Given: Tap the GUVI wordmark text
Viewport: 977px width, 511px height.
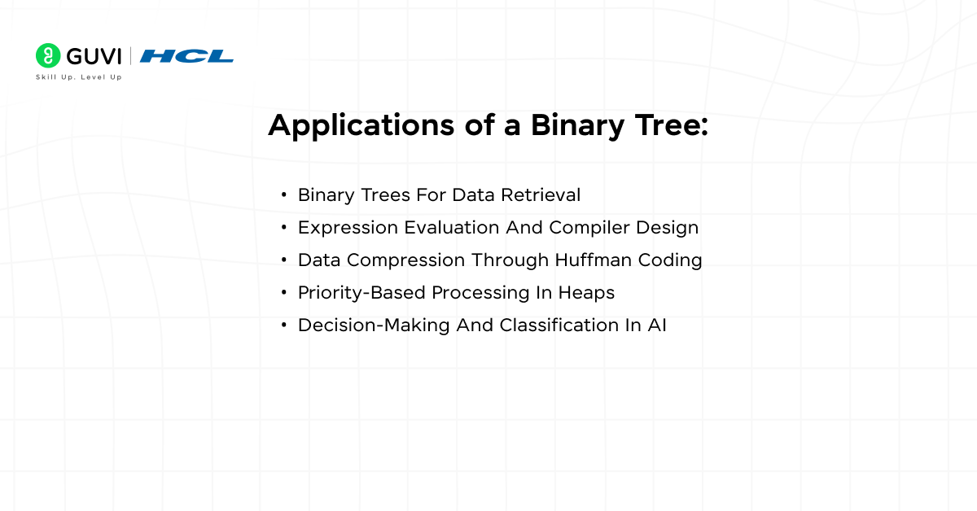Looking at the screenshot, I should (94, 55).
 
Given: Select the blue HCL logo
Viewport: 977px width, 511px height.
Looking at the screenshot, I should (186, 56).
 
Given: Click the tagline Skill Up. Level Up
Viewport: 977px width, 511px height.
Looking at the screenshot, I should (78, 77).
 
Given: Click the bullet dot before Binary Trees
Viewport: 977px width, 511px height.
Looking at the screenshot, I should (283, 195).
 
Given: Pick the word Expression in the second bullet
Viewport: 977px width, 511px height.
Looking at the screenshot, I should (348, 228).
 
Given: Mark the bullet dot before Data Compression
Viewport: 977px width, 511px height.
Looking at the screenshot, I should (283, 260).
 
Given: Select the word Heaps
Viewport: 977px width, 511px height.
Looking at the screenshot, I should (585, 293).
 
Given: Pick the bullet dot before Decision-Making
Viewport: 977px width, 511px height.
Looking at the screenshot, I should (283, 325).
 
